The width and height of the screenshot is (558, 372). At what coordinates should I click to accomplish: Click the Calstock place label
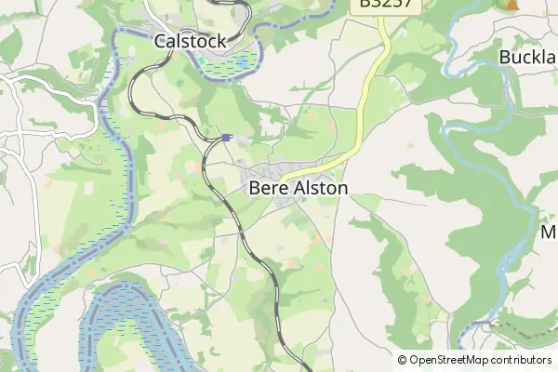coord(190,41)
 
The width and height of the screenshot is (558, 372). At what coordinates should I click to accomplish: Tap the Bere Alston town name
coord(299,188)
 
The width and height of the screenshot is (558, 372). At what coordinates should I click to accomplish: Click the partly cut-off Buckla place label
coord(527,58)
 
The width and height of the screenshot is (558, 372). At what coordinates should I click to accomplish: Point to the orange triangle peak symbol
coord(512,4)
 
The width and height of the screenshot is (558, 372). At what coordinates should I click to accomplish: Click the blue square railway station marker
coord(226,138)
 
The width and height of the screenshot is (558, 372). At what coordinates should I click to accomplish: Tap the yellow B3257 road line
coord(368,102)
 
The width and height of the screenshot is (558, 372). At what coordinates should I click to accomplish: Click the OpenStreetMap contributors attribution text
coord(480,360)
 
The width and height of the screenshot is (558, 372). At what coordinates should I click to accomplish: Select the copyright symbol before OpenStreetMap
coord(402,360)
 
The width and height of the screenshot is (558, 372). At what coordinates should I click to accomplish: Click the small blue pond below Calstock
coord(240,64)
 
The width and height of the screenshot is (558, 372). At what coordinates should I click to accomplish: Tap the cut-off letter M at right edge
coord(549,232)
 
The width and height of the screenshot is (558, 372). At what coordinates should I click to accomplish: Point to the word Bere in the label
coord(265,188)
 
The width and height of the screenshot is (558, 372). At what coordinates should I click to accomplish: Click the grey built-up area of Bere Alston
coord(265,172)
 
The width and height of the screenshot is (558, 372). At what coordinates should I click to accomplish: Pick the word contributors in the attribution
coord(519,360)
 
